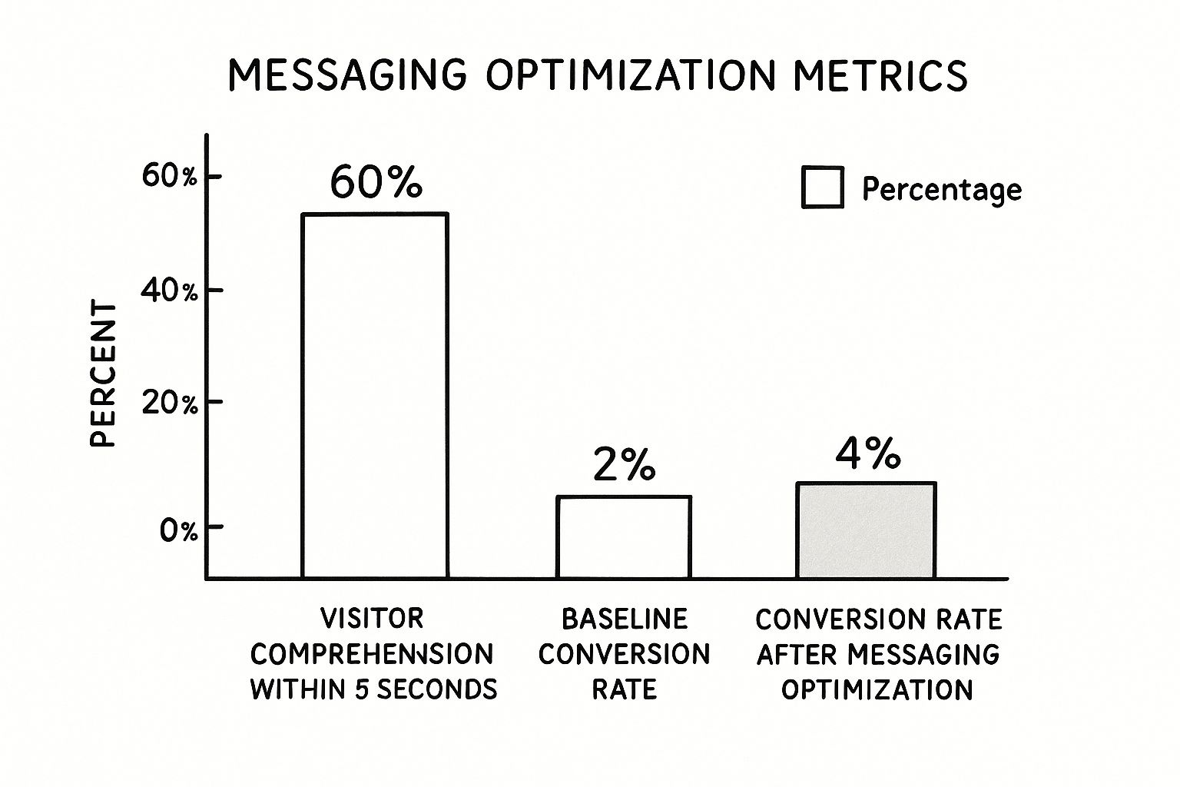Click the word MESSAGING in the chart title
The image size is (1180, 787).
click(347, 76)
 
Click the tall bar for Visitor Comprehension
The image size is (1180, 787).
click(375, 395)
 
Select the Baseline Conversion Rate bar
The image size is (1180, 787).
click(624, 536)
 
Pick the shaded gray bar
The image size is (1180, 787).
click(866, 530)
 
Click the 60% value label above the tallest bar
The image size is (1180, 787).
click(376, 183)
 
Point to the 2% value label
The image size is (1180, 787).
click(624, 465)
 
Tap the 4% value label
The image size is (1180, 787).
click(867, 454)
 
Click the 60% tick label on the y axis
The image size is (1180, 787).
click(170, 176)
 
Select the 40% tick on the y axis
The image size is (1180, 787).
click(170, 291)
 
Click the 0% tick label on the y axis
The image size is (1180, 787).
click(178, 530)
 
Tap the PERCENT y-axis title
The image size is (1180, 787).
click(103, 374)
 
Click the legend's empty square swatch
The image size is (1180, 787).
click(822, 188)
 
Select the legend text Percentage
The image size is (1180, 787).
click(941, 189)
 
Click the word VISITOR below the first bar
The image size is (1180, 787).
click(372, 618)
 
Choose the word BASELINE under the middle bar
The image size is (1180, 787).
click(624, 618)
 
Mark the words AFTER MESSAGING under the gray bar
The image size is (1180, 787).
click(878, 654)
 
